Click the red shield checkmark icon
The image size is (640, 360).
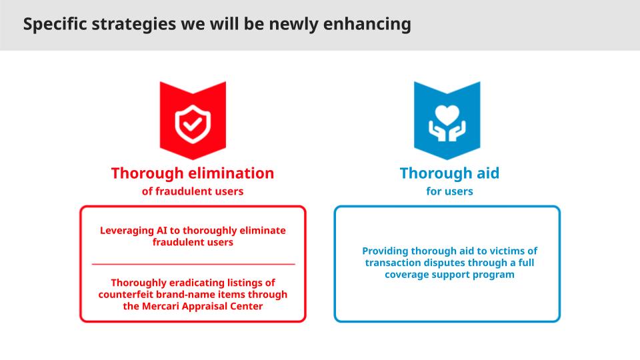point(193,124)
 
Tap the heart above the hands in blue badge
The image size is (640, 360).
point(447,115)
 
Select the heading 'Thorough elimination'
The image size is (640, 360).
point(193,173)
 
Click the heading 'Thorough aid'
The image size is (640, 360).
point(449,173)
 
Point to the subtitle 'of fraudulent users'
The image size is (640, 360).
point(193,191)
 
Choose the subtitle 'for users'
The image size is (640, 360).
point(449,191)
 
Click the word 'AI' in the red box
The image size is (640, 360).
point(161,231)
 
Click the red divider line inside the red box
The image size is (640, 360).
point(193,265)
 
